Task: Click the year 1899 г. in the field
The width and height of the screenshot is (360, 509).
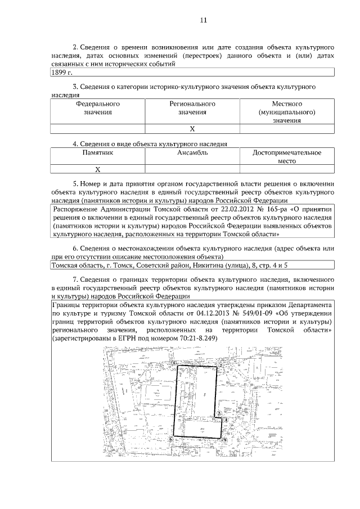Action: (62, 73)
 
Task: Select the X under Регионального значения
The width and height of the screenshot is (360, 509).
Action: (192, 129)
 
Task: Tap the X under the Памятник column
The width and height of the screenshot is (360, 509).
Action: (97, 169)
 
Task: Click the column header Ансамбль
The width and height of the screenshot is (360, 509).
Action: (192, 152)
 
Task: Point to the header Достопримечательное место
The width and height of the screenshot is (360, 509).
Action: (287, 156)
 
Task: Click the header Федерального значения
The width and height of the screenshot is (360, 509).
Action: (98, 108)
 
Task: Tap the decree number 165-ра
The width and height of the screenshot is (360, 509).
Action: (268, 209)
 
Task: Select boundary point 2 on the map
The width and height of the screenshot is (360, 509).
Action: (221, 364)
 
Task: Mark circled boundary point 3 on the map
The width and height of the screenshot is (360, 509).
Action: (218, 413)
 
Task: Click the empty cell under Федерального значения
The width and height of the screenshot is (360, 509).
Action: (98, 129)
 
